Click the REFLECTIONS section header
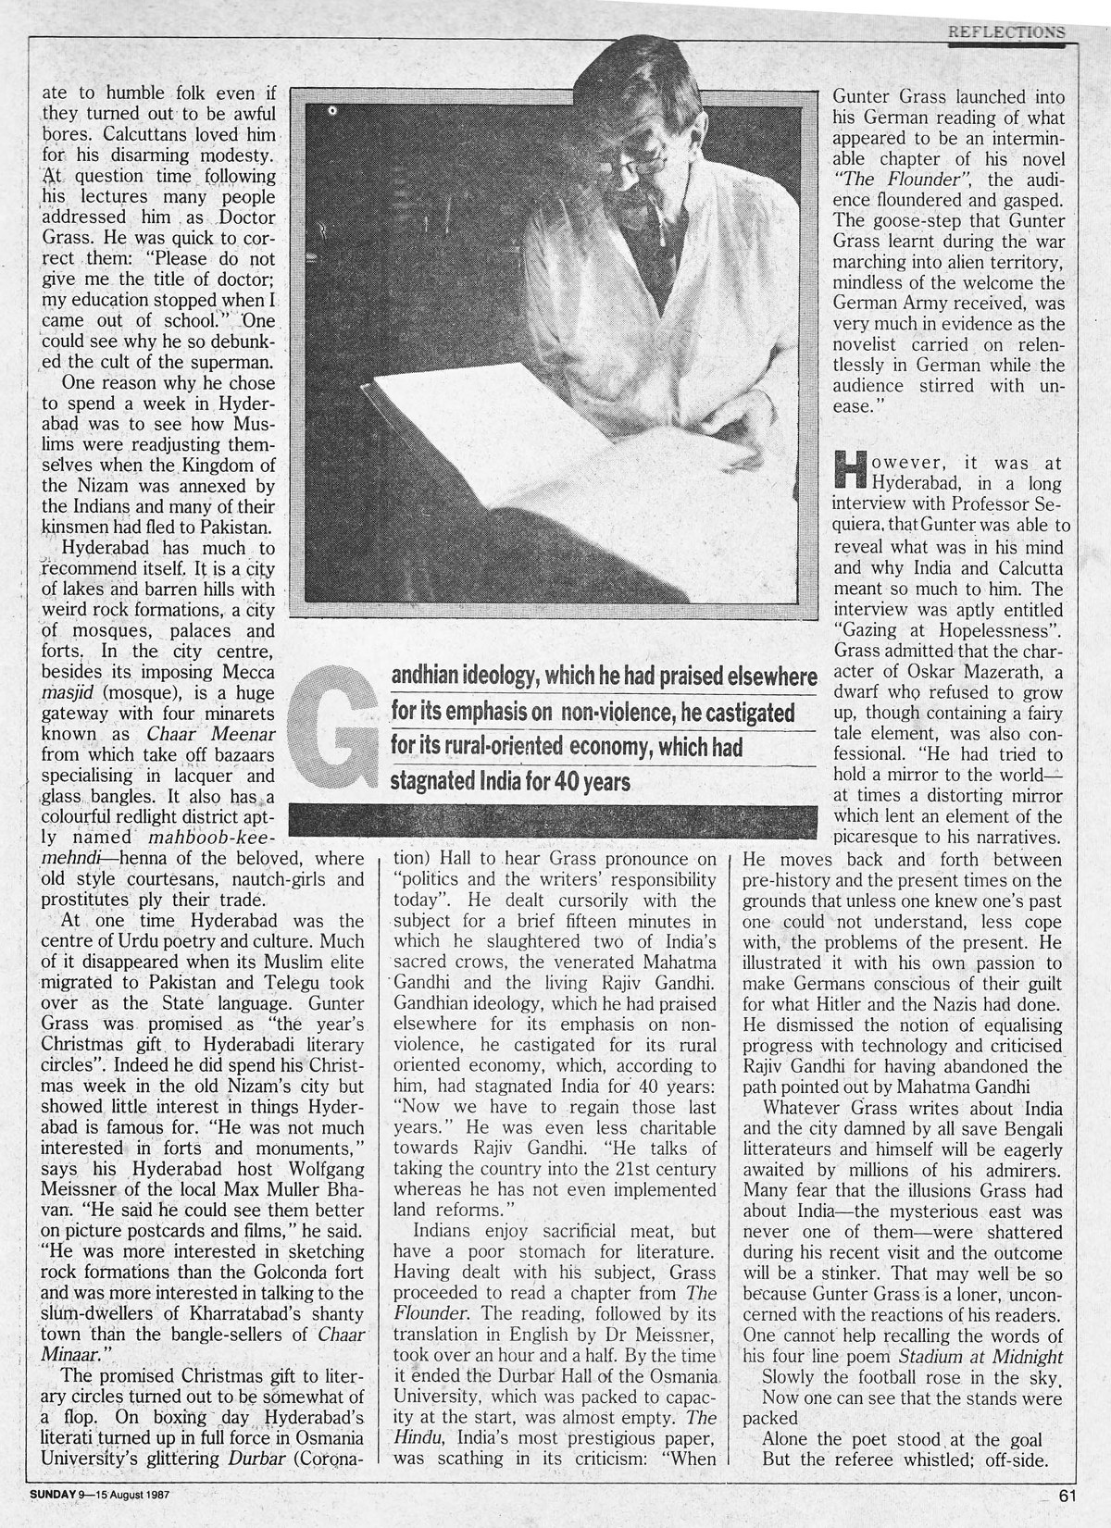1005,31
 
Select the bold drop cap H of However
851,471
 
